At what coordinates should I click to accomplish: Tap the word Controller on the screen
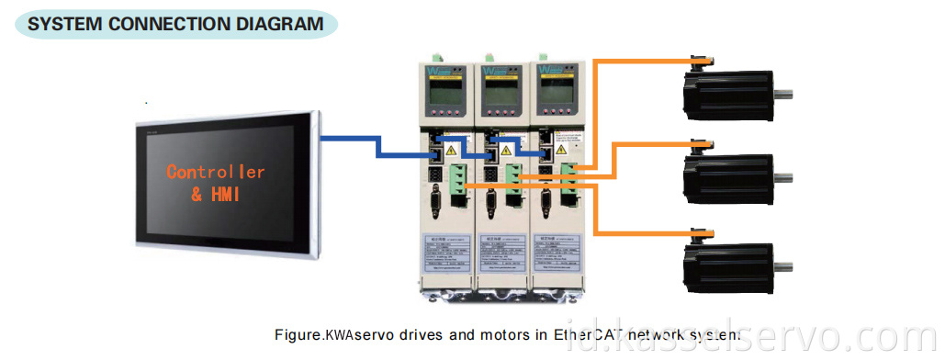215,172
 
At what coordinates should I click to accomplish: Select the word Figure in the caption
299,335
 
